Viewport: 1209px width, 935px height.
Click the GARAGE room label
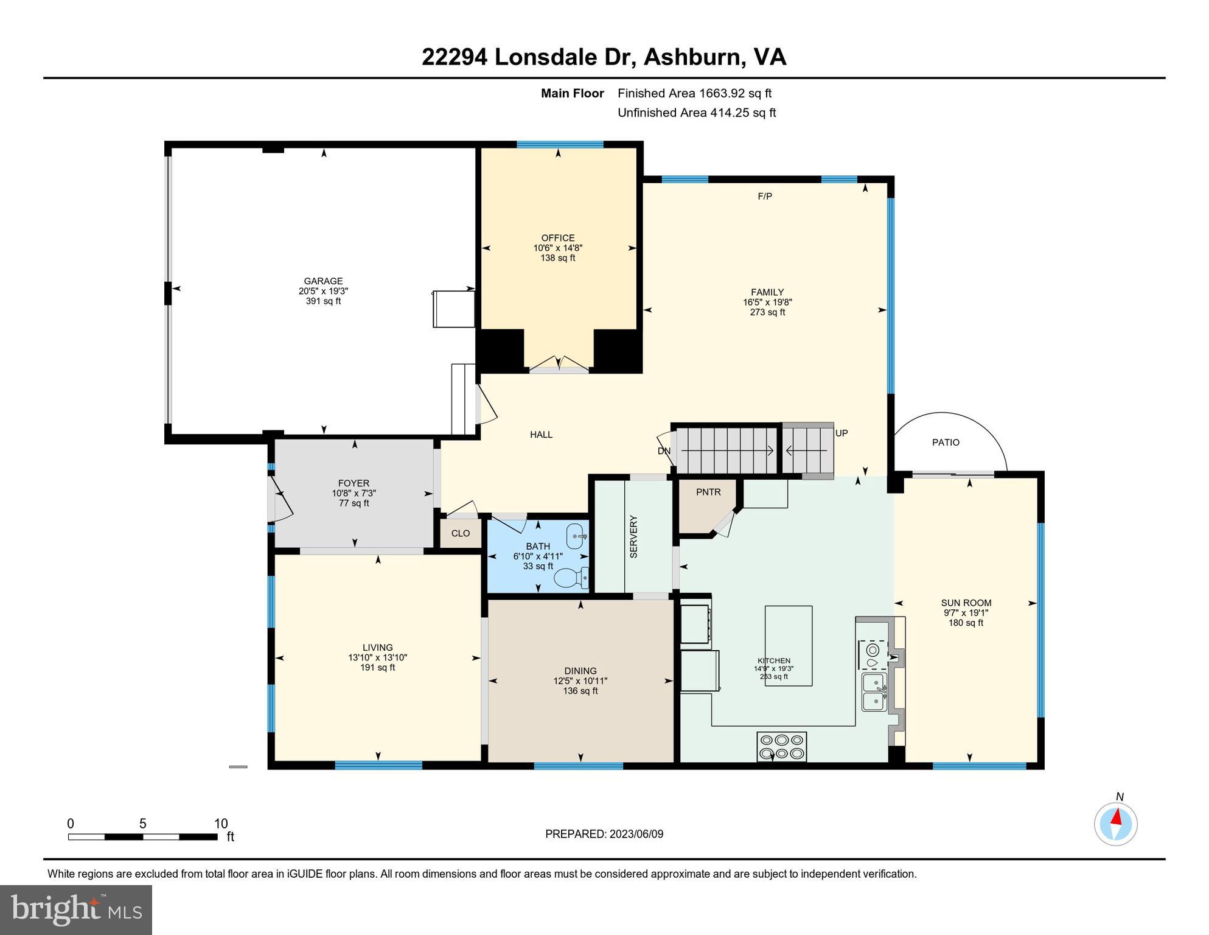[x=323, y=281]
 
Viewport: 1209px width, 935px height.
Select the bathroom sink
[x=576, y=536]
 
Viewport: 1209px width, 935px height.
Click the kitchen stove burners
[x=782, y=746]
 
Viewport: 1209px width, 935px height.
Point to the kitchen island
[x=789, y=645]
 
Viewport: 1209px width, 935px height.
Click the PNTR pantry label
[x=708, y=492]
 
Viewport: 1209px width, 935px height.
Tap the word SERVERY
[x=633, y=536]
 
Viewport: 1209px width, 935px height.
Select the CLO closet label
[x=461, y=533]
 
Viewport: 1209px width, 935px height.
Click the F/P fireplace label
[x=765, y=196]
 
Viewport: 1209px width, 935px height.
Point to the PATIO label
[x=946, y=443]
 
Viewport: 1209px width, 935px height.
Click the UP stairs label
[x=841, y=433]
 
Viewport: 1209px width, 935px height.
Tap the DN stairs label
[x=664, y=451]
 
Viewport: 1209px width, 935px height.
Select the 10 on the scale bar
[x=221, y=824]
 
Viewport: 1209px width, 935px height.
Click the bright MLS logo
[x=76, y=909]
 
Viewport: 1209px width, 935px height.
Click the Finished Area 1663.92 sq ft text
[x=694, y=93]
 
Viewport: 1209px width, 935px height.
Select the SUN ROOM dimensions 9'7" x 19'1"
[x=966, y=613]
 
